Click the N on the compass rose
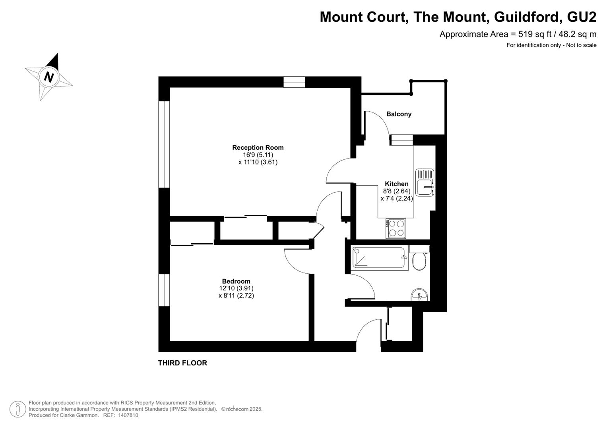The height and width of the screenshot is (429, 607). tap(49, 77)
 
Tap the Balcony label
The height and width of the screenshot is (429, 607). tap(399, 114)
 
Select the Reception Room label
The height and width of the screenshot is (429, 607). tap(258, 148)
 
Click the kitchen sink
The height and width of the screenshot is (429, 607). tap(425, 182)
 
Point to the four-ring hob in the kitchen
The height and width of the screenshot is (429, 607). tap(396, 229)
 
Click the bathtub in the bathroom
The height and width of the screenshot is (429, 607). tap(380, 257)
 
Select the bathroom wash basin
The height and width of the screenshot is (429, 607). tap(419, 295)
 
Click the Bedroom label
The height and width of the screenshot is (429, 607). tap(236, 281)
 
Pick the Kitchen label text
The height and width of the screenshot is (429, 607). tap(397, 184)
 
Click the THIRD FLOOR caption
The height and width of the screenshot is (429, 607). tap(182, 363)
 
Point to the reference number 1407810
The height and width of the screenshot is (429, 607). tap(128, 415)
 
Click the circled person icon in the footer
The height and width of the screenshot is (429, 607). tap(18, 409)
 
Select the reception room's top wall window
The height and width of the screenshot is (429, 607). tap(294, 82)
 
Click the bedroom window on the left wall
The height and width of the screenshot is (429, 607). tap(164, 290)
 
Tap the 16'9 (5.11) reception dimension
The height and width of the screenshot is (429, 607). tap(258, 155)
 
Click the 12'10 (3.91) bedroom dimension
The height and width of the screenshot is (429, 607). tap(236, 288)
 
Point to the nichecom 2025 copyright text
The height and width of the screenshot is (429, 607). tap(242, 409)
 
